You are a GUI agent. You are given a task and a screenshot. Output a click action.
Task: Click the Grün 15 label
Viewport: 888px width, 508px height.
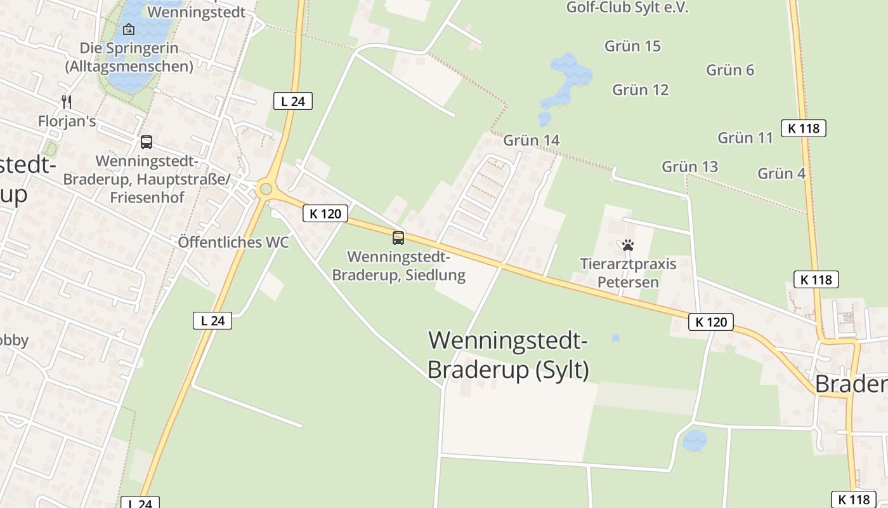[632, 46]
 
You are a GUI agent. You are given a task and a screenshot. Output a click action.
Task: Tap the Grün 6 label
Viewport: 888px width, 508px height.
[730, 70]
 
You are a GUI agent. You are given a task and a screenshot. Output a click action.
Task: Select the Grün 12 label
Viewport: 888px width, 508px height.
[640, 90]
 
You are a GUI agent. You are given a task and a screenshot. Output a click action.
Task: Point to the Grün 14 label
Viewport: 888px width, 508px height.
[532, 140]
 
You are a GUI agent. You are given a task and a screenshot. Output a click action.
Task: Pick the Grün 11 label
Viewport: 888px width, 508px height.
[745, 138]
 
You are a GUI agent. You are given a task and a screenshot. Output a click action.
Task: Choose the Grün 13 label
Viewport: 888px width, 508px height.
[689, 167]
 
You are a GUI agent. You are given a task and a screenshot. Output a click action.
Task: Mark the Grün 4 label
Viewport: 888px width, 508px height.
[781, 173]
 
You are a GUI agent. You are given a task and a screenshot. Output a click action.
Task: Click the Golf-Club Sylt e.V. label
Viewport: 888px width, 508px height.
[627, 8]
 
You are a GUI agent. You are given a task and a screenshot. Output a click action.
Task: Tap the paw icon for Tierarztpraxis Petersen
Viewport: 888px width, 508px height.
[628, 245]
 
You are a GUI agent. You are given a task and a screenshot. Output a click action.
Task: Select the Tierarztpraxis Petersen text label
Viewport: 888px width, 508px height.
[628, 273]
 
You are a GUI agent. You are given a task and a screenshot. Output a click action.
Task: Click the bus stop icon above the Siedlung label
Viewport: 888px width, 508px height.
[398, 238]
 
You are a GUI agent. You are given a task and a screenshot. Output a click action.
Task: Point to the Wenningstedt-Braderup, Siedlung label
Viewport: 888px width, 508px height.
[398, 266]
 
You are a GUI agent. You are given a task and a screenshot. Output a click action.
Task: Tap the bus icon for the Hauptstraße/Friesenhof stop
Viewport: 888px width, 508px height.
[147, 142]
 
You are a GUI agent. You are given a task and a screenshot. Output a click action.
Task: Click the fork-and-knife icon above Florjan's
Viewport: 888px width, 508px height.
[67, 102]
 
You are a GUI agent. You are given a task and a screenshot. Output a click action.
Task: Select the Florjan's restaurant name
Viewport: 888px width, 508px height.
[67, 121]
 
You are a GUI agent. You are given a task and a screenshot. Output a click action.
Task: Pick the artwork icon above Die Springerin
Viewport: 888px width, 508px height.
[129, 29]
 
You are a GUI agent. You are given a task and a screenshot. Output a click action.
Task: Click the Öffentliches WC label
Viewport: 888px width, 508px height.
[233, 242]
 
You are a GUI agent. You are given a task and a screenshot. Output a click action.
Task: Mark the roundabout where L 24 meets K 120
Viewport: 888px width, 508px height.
[266, 189]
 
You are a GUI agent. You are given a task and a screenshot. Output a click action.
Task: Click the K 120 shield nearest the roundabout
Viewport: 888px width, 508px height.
[325, 214]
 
